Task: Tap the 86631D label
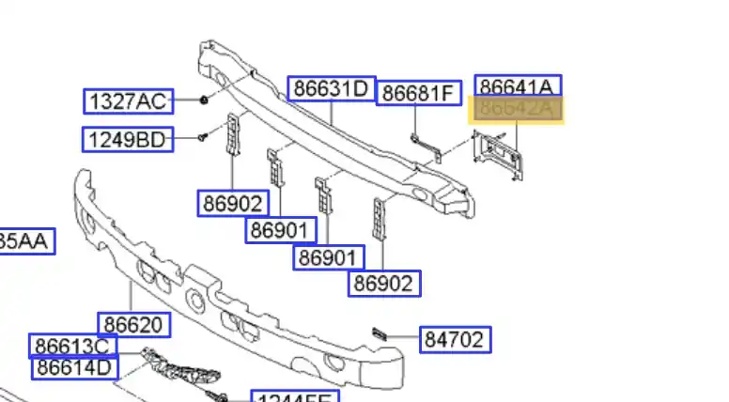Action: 331,89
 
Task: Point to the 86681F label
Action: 419,93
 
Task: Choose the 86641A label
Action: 518,87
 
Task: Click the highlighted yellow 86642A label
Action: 516,110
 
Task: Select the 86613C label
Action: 74,346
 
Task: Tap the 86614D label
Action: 75,366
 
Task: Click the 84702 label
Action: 456,340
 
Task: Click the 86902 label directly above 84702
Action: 383,282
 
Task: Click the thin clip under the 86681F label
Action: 422,143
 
